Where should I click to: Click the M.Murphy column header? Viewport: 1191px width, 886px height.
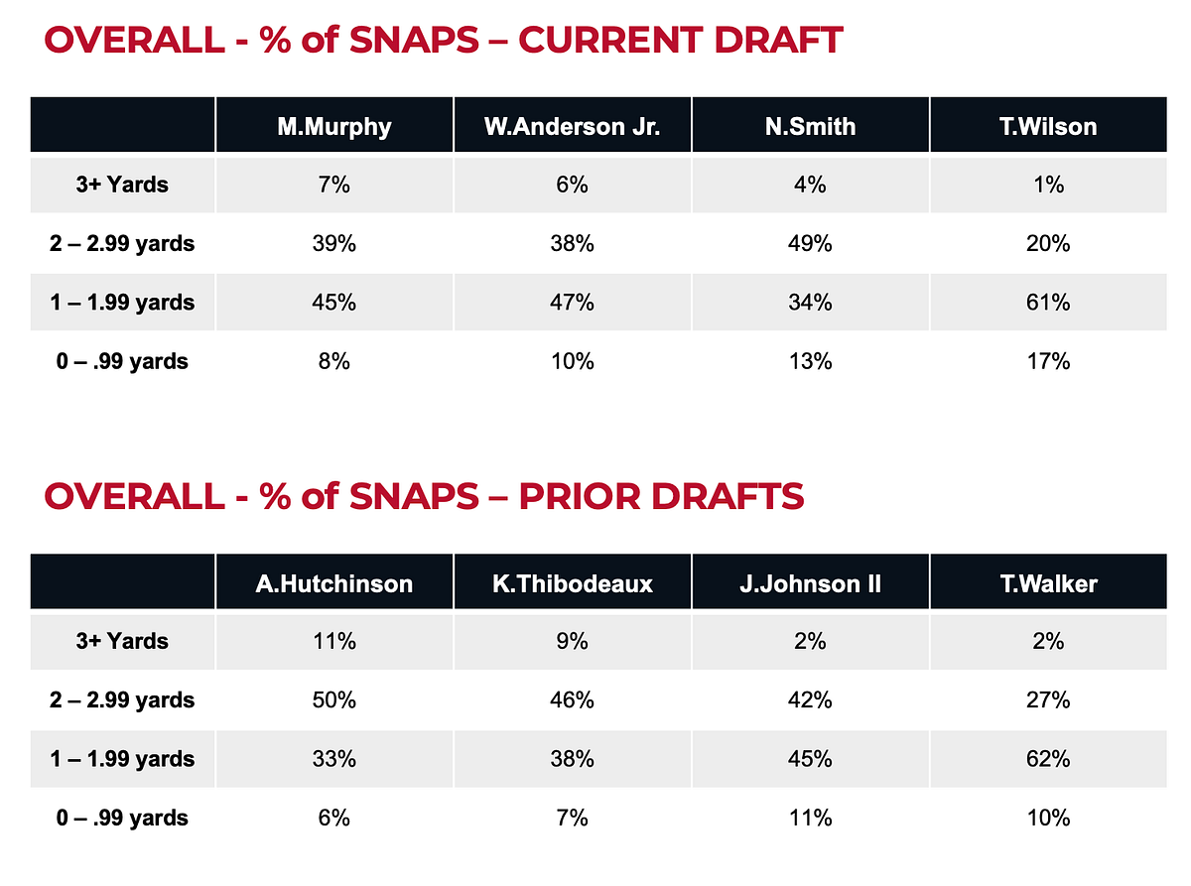(333, 126)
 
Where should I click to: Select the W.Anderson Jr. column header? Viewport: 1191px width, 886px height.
(572, 126)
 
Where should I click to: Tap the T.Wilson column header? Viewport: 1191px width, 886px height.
(1048, 126)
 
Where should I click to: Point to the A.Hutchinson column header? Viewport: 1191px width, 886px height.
(333, 582)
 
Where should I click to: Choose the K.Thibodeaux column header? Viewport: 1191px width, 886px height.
(572, 582)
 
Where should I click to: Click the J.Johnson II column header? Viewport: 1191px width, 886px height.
(810, 582)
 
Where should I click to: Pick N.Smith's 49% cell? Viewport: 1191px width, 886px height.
(810, 243)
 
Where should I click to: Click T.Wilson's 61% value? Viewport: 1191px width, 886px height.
(1048, 302)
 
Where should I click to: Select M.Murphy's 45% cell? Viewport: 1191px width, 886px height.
(333, 302)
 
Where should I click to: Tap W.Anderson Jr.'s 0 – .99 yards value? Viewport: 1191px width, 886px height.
(572, 361)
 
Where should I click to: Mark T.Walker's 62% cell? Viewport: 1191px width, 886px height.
(1048, 759)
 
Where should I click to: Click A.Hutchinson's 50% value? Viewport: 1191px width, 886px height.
(333, 700)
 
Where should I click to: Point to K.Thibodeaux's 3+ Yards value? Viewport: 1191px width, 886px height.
(572, 641)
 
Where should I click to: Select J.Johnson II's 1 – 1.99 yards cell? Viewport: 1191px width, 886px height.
(810, 759)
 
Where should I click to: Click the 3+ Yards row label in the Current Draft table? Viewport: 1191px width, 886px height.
(123, 185)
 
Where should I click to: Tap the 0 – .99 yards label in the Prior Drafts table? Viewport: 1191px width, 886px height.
(123, 819)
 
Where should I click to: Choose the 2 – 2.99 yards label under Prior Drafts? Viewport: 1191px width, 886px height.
(123, 700)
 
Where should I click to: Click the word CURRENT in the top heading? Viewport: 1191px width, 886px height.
(605, 41)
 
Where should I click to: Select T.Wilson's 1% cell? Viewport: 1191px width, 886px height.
(1048, 185)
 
